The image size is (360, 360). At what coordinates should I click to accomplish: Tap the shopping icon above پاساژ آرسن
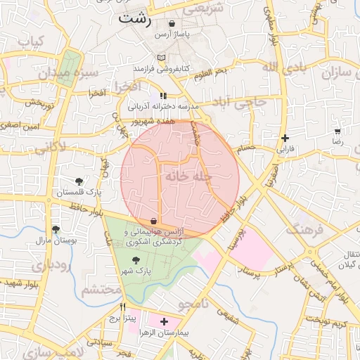172,23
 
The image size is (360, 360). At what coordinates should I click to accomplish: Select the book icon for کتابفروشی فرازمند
162,58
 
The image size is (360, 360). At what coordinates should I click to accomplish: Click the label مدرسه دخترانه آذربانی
164,106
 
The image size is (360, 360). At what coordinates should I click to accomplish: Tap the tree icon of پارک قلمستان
79,181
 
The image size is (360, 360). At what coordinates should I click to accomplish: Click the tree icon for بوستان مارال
56,230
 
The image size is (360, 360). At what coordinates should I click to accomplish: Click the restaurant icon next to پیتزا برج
123,307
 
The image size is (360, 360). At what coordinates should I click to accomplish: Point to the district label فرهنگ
304,229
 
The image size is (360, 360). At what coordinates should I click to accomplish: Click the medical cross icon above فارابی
284,139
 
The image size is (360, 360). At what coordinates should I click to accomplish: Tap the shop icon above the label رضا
337,131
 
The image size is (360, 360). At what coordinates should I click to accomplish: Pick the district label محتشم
96,290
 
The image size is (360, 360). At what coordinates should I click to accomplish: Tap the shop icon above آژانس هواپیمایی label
153,221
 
